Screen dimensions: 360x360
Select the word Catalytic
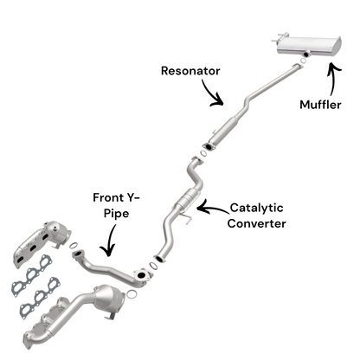[x=259, y=208]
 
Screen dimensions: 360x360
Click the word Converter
[x=257, y=223]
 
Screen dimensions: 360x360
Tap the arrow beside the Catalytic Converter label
[x=209, y=207]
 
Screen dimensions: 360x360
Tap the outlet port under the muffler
[x=306, y=55]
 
